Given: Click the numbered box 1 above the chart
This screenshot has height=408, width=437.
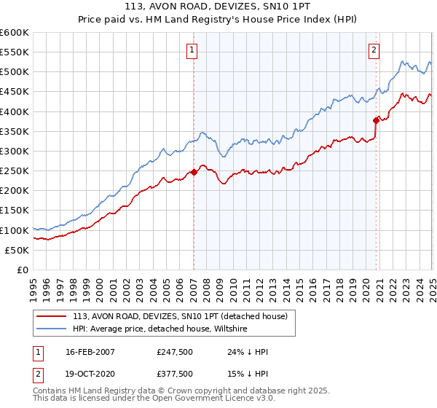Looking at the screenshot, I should click(x=191, y=50).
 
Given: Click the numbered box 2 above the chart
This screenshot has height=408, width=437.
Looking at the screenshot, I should click(x=374, y=50).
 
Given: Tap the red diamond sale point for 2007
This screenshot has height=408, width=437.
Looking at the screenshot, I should click(x=194, y=172).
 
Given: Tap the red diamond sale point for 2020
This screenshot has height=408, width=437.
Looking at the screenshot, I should click(x=377, y=120).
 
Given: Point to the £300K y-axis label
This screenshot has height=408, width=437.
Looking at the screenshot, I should click(x=15, y=152).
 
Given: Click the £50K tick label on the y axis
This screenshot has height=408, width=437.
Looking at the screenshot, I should click(x=18, y=250).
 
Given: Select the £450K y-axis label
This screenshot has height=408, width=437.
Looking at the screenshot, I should click(x=15, y=92).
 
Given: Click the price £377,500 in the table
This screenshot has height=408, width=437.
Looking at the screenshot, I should click(x=175, y=373).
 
